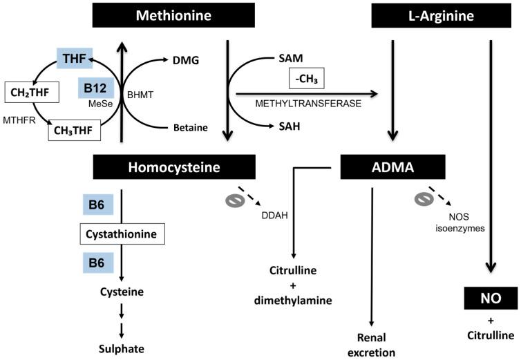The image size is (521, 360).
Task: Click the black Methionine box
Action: click(175, 15)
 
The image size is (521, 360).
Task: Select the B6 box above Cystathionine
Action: click(95, 205)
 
